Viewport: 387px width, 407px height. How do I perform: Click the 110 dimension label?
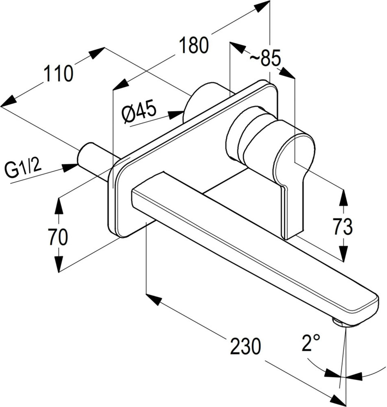click(59, 73)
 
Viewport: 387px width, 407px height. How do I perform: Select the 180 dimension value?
click(194, 45)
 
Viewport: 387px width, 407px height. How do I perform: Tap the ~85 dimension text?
click(265, 58)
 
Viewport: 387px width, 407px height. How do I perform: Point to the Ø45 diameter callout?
click(140, 112)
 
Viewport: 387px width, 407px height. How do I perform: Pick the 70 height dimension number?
click(58, 237)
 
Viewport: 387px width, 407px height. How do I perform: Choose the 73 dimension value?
click(343, 227)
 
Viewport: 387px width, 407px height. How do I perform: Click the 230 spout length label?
click(245, 346)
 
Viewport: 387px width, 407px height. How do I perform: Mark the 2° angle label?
click(310, 342)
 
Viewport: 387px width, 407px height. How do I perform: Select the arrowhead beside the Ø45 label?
click(176, 114)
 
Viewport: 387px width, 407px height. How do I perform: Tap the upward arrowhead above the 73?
click(343, 198)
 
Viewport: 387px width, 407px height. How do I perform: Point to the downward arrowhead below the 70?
click(59, 264)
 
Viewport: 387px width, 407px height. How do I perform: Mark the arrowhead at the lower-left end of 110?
click(9, 101)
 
